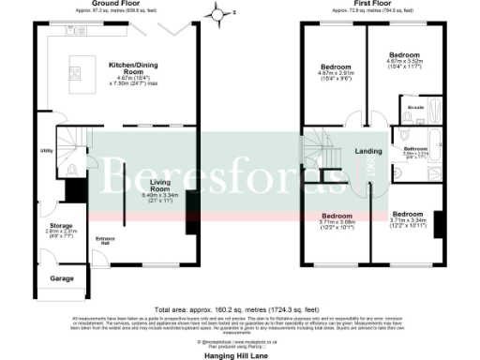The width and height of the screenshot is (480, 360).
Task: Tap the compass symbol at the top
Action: pos(219,14)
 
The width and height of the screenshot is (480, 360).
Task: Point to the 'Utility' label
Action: pos(45,150)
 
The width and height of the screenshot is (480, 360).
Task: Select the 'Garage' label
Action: pos(62,278)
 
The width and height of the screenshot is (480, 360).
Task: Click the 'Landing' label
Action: pos(367,151)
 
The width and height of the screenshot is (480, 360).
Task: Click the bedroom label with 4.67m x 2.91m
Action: pos(336,68)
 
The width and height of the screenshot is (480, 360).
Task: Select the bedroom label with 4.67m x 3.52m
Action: pos(404,56)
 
